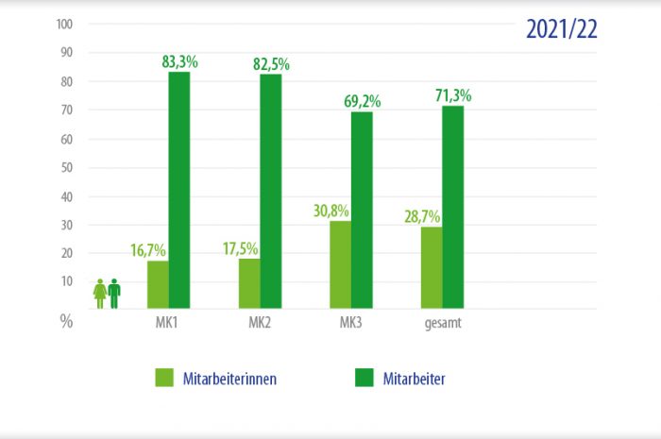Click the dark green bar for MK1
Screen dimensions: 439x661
179,190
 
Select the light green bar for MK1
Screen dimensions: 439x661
159,284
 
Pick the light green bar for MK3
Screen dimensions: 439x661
341,264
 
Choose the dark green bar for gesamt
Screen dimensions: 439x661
453,207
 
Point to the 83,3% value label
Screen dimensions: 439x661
179,62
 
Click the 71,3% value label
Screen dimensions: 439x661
453,95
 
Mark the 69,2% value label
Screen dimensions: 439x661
362,101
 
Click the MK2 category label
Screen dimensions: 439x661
261,324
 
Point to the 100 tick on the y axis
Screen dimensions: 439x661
64,25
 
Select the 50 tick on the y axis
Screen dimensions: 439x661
66,168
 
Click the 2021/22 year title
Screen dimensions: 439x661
562,28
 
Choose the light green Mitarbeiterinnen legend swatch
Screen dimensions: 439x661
165,378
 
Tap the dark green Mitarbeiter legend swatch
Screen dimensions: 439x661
364,378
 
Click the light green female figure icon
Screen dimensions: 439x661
100,293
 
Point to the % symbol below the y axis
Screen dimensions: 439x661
66,321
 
